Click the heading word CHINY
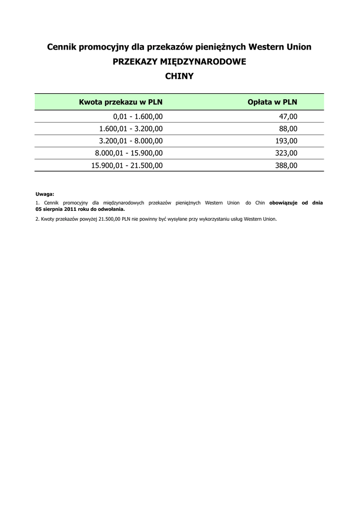coord(179,76)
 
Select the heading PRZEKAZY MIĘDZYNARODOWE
coord(179,62)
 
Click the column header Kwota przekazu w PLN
coord(121,102)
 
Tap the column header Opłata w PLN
coord(272,102)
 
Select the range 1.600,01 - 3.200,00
coord(131,129)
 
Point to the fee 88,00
coord(288,129)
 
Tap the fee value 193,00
coord(286,141)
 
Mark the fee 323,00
coord(286,153)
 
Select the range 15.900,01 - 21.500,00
coord(127,166)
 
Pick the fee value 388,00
coord(286,166)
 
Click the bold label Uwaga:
coord(45,194)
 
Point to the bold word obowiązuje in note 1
coord(283,203)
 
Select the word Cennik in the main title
coord(63,47)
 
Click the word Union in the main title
coord(298,47)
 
